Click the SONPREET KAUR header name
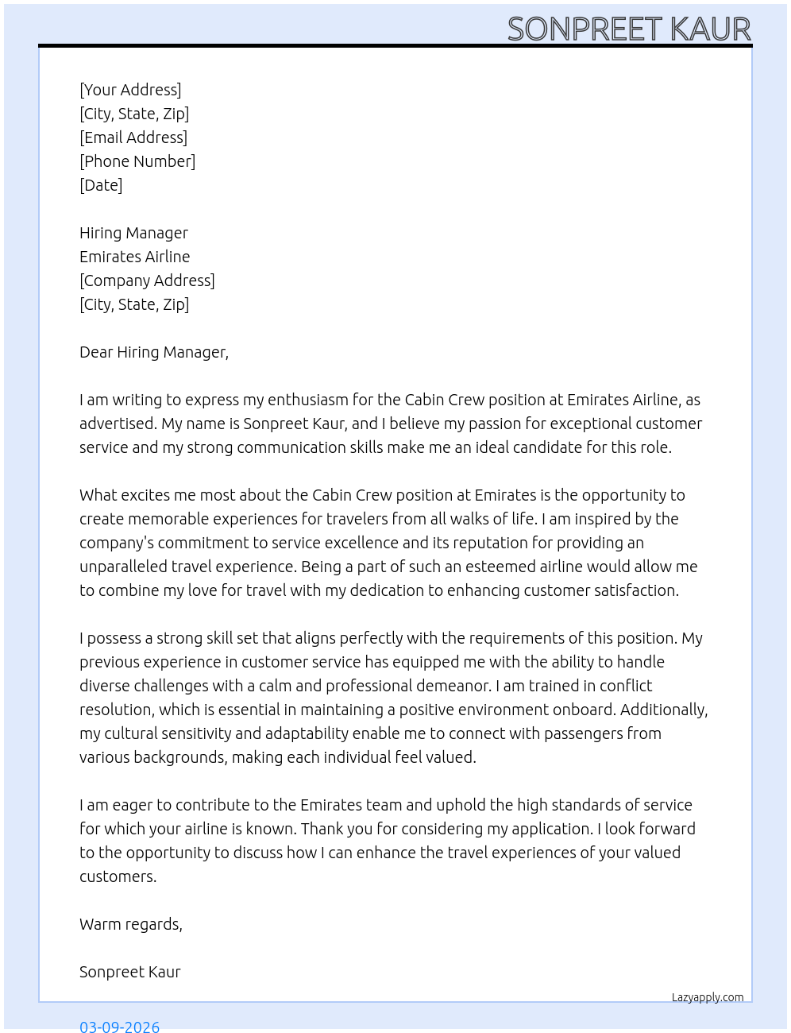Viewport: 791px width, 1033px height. tap(629, 29)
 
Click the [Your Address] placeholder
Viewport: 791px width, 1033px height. tap(130, 90)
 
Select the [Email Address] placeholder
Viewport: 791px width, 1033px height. tap(133, 137)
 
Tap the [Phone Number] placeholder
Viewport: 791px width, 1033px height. tap(137, 161)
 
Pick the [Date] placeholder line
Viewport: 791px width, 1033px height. tap(101, 185)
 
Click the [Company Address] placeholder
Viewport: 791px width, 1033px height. tap(147, 280)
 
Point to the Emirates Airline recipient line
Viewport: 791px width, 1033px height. tap(135, 257)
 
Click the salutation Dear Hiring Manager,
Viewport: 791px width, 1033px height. tap(154, 352)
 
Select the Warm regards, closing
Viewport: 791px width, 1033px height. tap(131, 924)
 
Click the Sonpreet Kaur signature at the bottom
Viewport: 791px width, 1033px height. tap(130, 972)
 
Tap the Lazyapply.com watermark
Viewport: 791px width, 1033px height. tap(708, 997)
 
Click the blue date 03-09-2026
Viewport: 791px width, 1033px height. tap(120, 1027)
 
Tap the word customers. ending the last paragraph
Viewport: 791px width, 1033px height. tap(118, 876)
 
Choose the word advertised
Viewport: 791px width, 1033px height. tap(118, 424)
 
